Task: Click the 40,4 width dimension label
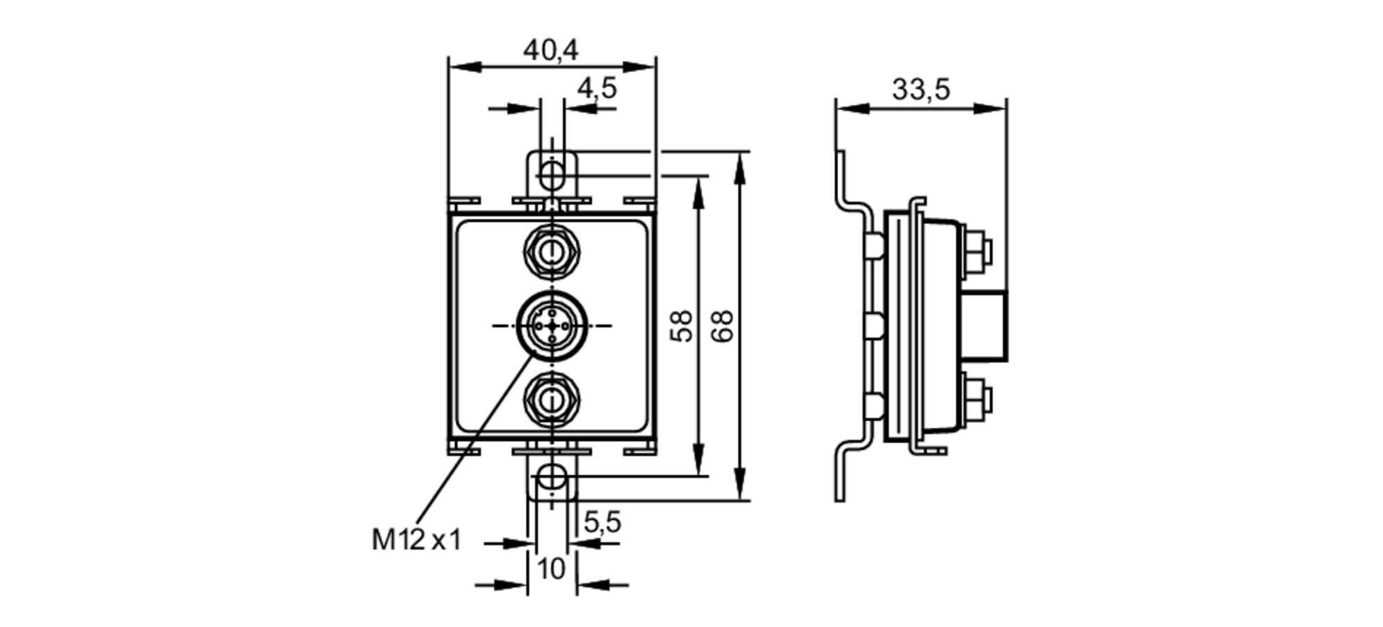coord(550,50)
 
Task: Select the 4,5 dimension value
coord(597,88)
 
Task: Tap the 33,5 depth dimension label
coord(920,89)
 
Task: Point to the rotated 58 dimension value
coord(682,326)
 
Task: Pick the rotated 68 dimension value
coord(722,326)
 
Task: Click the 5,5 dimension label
coord(602,522)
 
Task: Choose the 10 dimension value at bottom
coord(551,570)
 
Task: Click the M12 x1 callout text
coord(416,540)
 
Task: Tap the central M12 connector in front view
coord(552,326)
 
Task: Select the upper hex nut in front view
coord(552,252)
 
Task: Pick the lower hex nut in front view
coord(552,400)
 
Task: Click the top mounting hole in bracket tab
coord(552,174)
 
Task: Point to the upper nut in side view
coord(975,252)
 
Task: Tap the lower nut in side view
coord(975,400)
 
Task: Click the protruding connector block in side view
coord(985,326)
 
